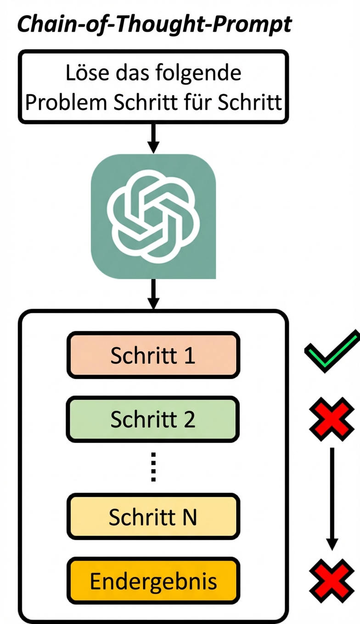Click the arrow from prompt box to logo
click(x=153, y=138)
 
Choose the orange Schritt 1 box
click(x=153, y=356)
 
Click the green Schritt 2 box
click(x=153, y=419)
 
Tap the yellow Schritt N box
click(x=153, y=517)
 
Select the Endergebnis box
click(x=153, y=581)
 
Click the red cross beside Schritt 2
click(x=332, y=419)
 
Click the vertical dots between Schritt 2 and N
click(x=153, y=468)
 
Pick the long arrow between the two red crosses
click(x=332, y=500)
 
